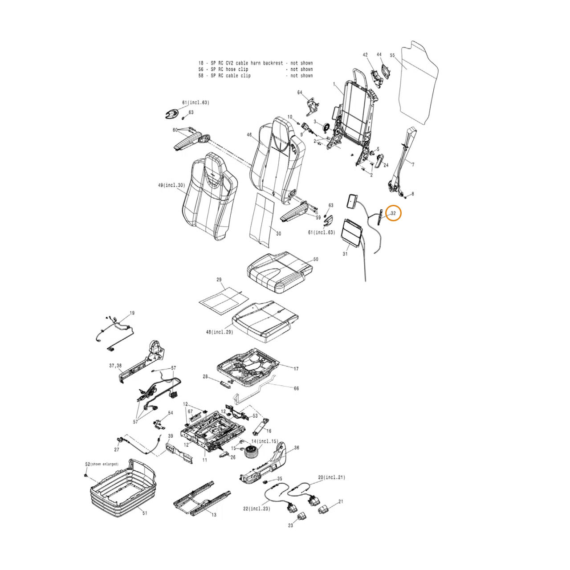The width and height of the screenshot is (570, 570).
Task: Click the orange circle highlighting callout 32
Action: [x=395, y=213]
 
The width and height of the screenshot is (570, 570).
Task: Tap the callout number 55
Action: [x=392, y=55]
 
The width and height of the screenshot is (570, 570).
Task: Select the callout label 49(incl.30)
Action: [x=171, y=185]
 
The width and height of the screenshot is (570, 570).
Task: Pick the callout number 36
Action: [x=297, y=448]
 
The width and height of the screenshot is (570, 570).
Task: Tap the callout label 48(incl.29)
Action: [x=220, y=332]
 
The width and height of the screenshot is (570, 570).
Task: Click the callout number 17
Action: [x=296, y=369]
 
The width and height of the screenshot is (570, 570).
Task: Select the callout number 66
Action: [x=296, y=388]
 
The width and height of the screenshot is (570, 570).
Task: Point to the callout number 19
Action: [x=132, y=313]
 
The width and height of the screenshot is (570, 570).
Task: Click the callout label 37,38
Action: [x=115, y=366]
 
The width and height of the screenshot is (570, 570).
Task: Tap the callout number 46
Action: [x=249, y=135]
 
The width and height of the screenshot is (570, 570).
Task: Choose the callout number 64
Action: [x=300, y=93]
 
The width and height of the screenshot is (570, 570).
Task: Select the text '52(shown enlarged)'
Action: [x=102, y=464]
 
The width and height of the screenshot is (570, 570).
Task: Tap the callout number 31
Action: [x=345, y=254]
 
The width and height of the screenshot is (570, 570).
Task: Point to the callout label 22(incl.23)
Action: [x=257, y=509]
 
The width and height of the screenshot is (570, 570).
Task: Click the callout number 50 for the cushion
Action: [x=316, y=260]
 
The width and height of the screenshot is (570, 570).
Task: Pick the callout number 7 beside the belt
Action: [x=413, y=165]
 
